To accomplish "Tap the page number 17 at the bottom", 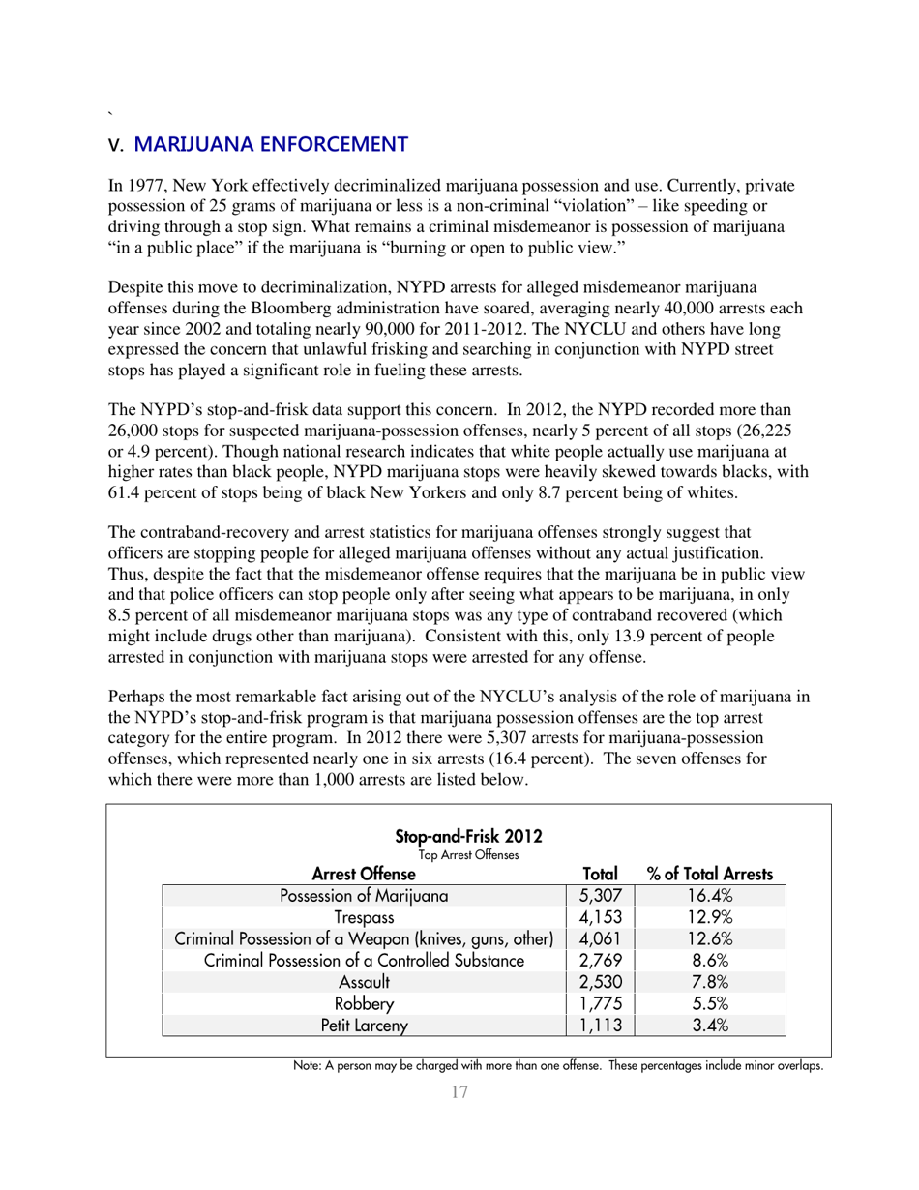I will pyautogui.click(x=460, y=1093).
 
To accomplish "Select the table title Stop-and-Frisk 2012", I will pyautogui.click(x=469, y=836).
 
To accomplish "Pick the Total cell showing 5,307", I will pyautogui.click(x=600, y=895).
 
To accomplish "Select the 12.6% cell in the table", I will pyautogui.click(x=710, y=938).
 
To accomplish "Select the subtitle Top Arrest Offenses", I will pyautogui.click(x=469, y=854).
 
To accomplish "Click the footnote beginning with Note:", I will pyautogui.click(x=558, y=1066).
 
